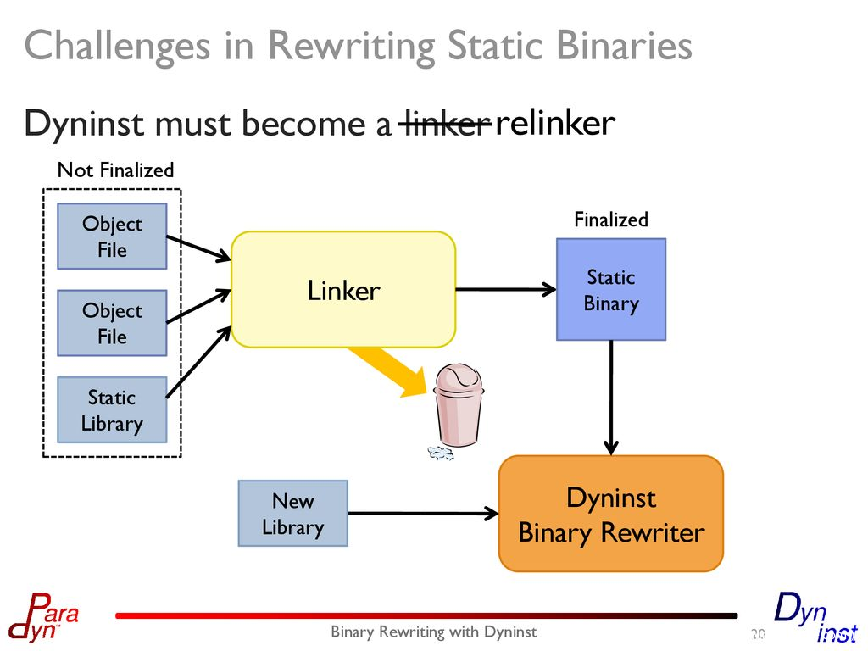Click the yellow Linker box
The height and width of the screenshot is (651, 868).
point(343,290)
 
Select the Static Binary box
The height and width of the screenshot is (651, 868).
point(610,290)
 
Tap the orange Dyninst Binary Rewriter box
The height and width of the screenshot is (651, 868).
point(610,515)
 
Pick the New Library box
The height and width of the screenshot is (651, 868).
point(292,514)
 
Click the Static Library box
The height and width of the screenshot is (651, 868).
point(112,410)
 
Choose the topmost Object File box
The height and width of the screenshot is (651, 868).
point(112,236)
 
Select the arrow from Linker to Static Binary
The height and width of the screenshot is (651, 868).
point(505,290)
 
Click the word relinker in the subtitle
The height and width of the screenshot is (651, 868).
point(554,124)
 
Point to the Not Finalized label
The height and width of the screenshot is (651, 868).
point(115,170)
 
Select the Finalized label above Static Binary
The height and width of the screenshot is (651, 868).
point(610,220)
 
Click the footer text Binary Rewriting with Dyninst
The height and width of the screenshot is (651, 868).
point(433,632)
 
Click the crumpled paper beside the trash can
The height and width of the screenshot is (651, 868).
point(439,453)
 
